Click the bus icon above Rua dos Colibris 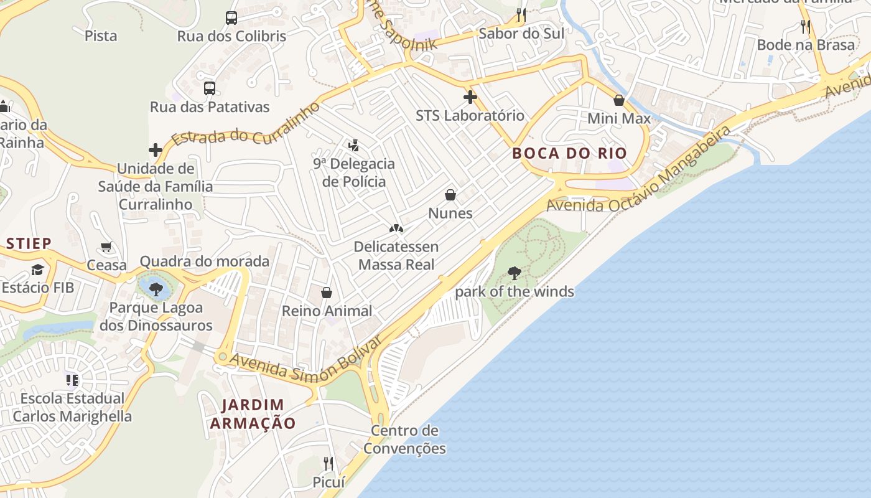(231, 18)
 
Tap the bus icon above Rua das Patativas (210, 88)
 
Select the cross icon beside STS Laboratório (470, 97)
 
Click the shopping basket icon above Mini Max (619, 100)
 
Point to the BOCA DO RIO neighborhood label (569, 153)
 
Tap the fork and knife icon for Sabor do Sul (521, 14)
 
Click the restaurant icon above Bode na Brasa (806, 26)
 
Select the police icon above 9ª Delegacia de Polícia (354, 146)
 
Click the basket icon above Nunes (450, 195)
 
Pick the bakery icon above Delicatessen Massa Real (396, 229)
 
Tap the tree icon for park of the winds (515, 273)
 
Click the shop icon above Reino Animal (327, 293)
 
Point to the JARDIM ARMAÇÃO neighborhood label (253, 414)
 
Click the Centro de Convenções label (405, 439)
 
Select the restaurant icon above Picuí (328, 463)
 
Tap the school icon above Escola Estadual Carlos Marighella (72, 379)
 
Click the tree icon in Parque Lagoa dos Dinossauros (156, 288)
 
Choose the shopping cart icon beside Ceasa (106, 247)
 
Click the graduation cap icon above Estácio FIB (38, 270)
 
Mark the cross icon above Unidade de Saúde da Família (156, 150)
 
